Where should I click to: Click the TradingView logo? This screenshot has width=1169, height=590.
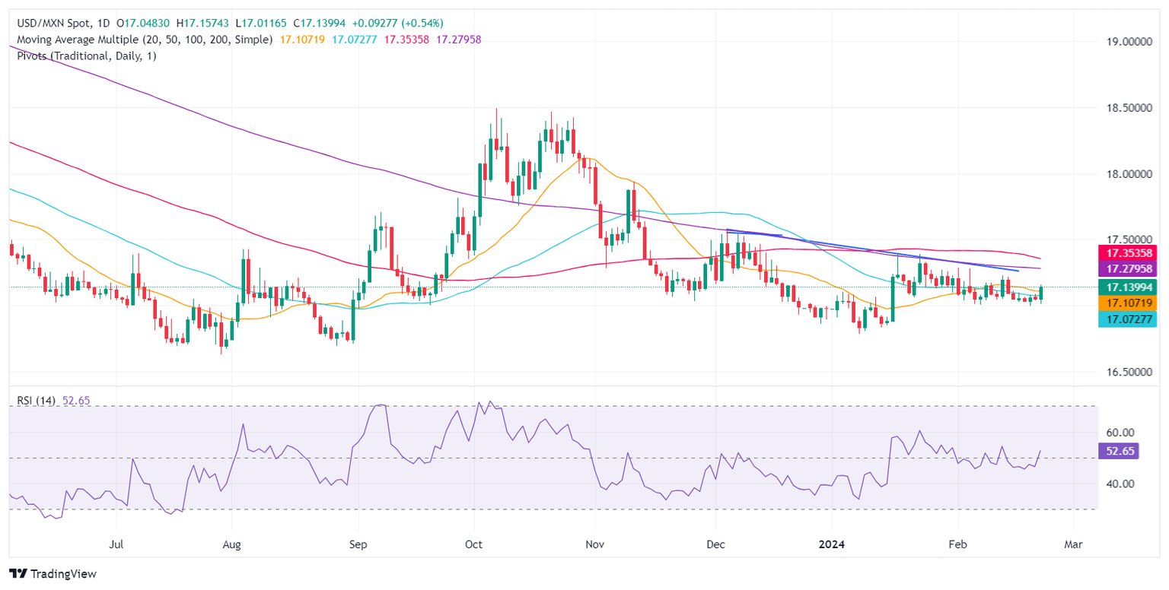coord(53,574)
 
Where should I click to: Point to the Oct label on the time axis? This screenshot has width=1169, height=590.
coord(473,545)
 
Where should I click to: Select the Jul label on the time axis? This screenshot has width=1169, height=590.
coord(117,545)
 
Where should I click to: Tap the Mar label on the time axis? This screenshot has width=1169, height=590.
coord(1073,545)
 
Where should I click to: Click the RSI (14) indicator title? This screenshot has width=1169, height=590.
coord(36,401)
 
